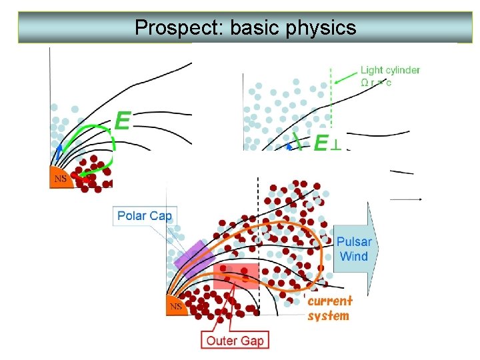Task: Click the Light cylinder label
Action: point(390,70)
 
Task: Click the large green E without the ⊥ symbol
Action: point(122,121)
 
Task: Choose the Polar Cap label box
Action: point(145,215)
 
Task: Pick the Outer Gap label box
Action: point(235,341)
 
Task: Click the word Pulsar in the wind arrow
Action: point(354,243)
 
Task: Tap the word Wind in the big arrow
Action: point(354,257)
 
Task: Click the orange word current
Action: point(329,301)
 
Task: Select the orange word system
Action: point(328,315)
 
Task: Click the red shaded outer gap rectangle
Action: point(235,275)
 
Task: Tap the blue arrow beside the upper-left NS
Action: point(59,153)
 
